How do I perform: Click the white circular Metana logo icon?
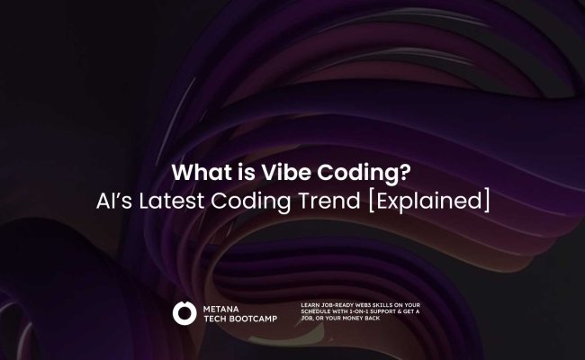[184, 313]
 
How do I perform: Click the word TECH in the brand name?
[215, 319]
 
